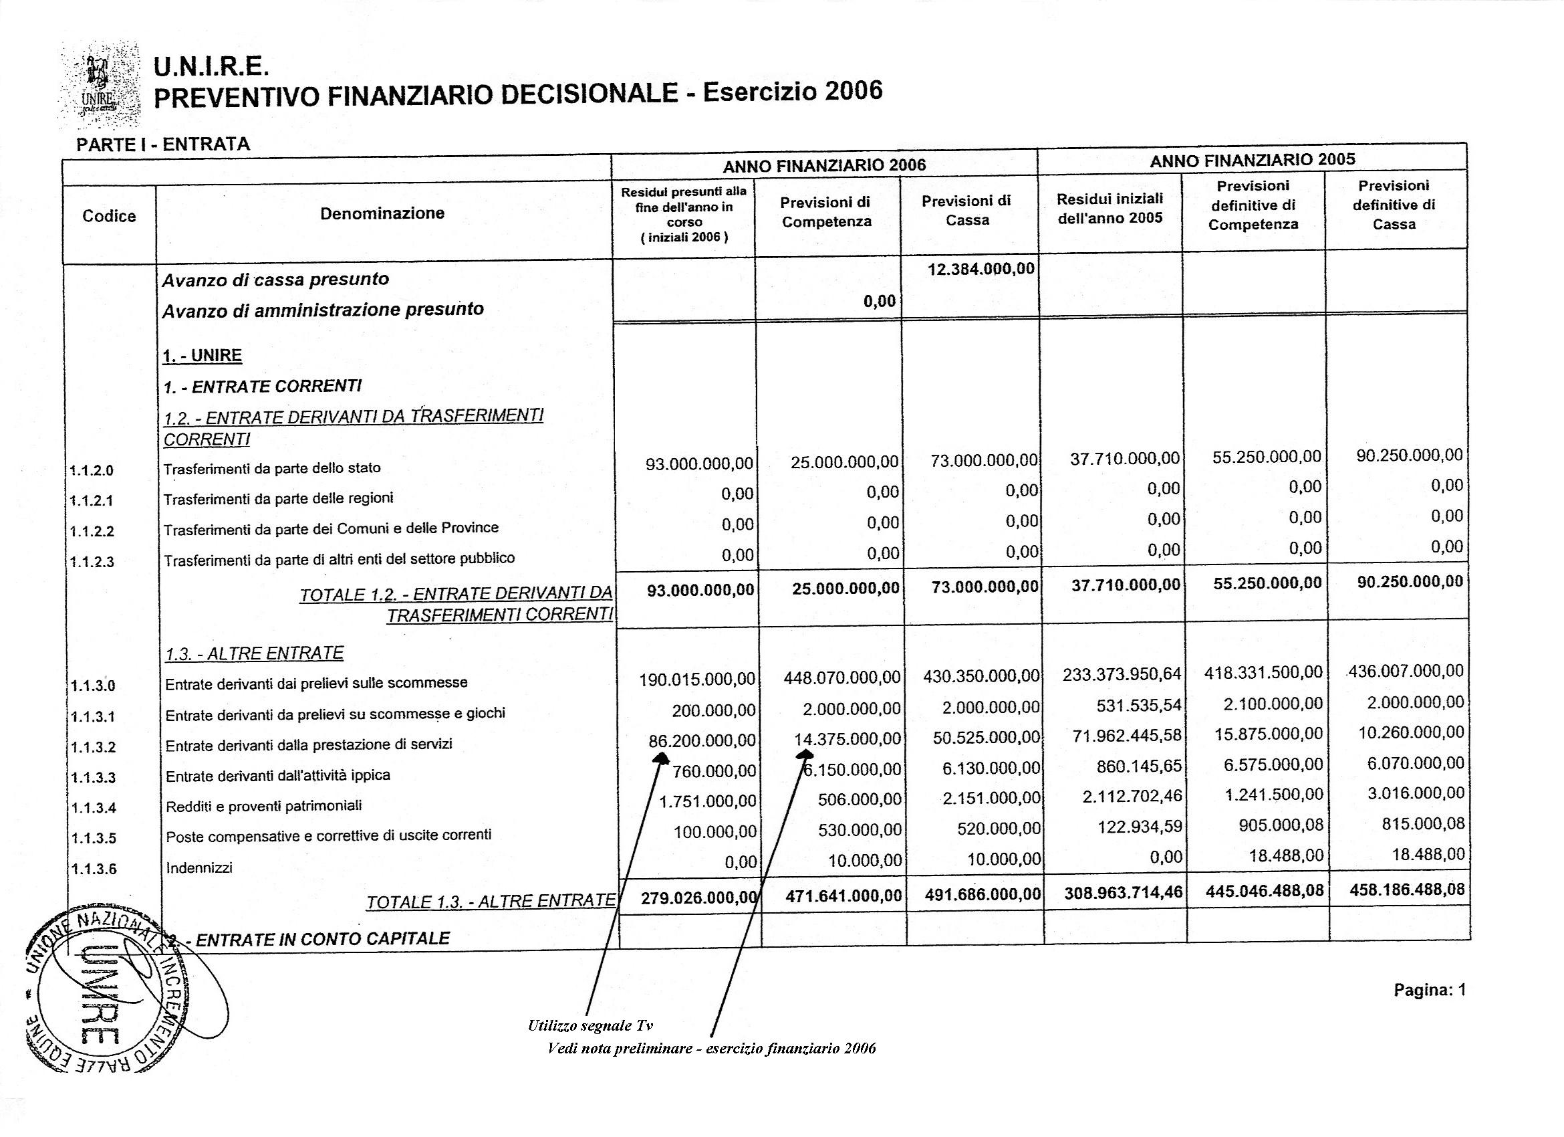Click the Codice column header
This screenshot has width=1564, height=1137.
tap(109, 216)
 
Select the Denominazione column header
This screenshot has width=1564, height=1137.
tap(382, 213)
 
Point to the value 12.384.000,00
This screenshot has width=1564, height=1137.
tap(981, 268)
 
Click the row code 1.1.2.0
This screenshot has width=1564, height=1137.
tap(92, 471)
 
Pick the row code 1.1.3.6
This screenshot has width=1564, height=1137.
tap(93, 869)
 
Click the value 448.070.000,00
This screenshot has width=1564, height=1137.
tap(842, 678)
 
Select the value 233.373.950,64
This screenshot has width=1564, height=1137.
tap(1122, 674)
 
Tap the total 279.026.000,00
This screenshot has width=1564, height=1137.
tap(698, 898)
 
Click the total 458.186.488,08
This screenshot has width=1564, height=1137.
tap(1407, 890)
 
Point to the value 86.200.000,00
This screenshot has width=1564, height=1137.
tap(702, 740)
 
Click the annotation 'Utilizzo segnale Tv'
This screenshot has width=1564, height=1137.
tap(590, 1025)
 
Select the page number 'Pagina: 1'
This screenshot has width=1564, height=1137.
tap(1430, 990)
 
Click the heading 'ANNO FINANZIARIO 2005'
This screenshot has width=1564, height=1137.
tap(1253, 159)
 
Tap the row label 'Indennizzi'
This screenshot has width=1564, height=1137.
tap(199, 867)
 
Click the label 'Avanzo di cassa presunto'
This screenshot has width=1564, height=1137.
tap(276, 280)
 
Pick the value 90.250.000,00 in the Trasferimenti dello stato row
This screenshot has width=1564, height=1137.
tap(1410, 455)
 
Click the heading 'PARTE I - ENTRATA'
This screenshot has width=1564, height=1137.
tap(162, 144)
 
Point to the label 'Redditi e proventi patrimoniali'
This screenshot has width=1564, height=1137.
tap(263, 805)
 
